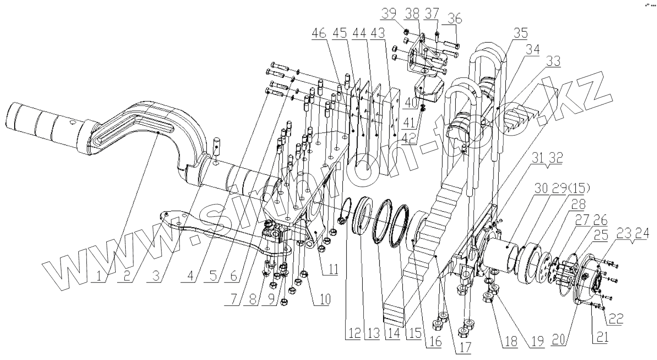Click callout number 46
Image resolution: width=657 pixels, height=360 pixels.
pyautogui.click(x=320, y=34)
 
